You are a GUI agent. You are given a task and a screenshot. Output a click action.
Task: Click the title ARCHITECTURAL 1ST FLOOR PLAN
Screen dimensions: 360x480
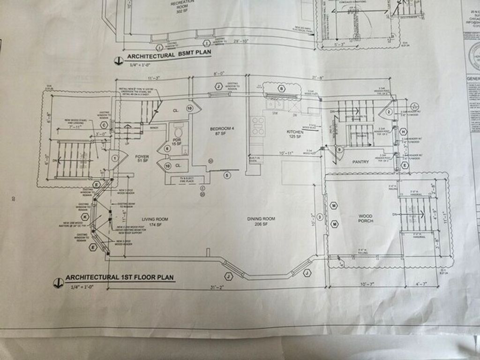coord(120,277)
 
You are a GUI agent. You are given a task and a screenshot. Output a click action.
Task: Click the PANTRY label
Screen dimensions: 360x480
coord(360,162)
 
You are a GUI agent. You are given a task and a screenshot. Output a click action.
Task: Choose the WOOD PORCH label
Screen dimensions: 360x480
coord(366,218)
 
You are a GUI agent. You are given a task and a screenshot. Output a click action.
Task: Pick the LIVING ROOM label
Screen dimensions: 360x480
coord(155,221)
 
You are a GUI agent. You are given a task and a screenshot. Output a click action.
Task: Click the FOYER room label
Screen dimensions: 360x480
coord(142,158)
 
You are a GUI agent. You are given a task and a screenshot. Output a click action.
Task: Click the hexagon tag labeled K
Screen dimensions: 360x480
coord(85,217)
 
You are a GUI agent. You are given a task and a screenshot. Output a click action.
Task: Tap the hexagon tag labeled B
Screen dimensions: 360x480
coord(282,88)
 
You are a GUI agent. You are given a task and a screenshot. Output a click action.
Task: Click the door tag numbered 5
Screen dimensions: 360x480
coord(227,175)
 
